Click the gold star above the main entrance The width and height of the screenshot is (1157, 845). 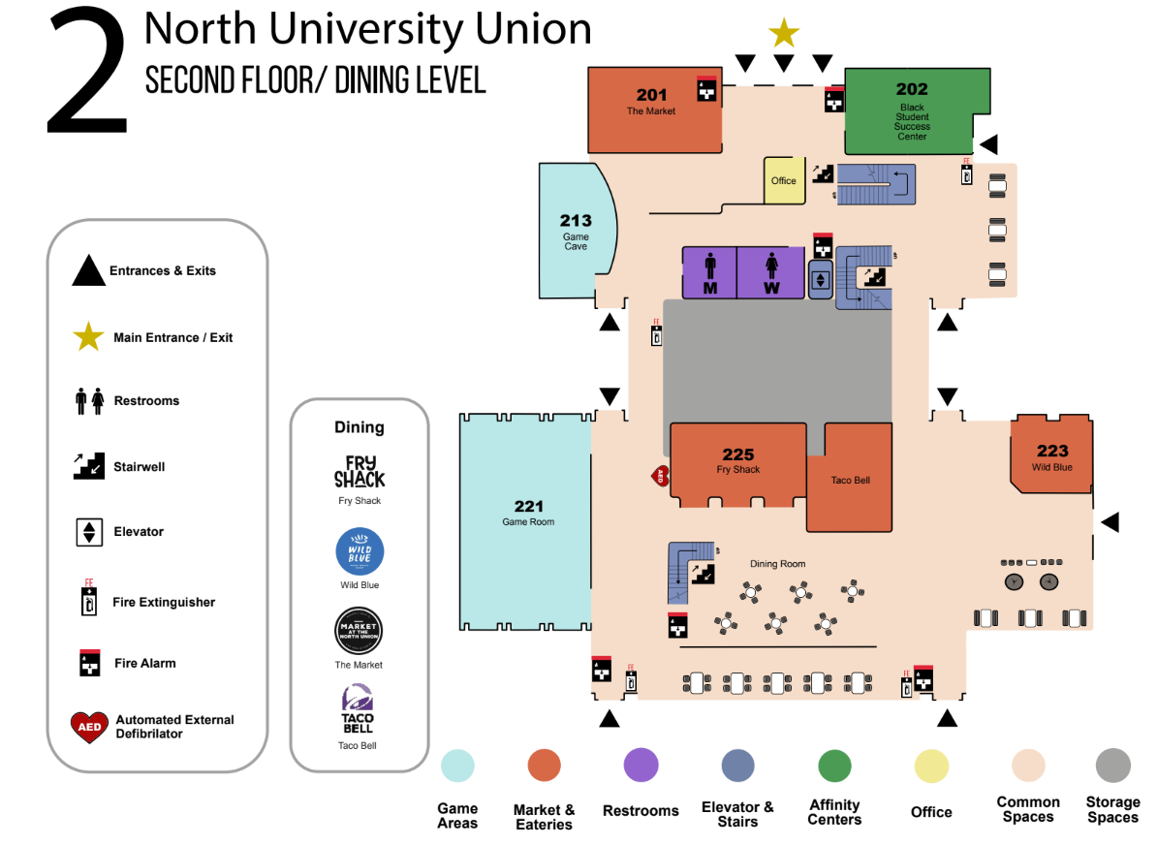tap(783, 33)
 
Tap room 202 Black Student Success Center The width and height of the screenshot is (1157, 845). tap(911, 112)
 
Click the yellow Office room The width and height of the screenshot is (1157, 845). tap(783, 180)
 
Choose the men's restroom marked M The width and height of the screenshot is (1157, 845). tap(709, 271)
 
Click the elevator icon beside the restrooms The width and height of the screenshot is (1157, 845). tap(820, 280)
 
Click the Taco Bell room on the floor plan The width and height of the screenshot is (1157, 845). tap(850, 480)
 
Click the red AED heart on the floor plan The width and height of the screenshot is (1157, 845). tap(661, 476)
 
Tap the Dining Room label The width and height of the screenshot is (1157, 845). tap(777, 564)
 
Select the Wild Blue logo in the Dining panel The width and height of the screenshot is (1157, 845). tap(360, 552)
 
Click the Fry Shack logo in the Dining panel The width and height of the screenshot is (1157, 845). tap(360, 472)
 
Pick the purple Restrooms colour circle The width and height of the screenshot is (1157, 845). tap(641, 766)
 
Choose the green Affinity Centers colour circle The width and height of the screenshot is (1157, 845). tap(834, 766)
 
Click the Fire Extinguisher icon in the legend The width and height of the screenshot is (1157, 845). tap(88, 601)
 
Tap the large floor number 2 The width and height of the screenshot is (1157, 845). tap(87, 73)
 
